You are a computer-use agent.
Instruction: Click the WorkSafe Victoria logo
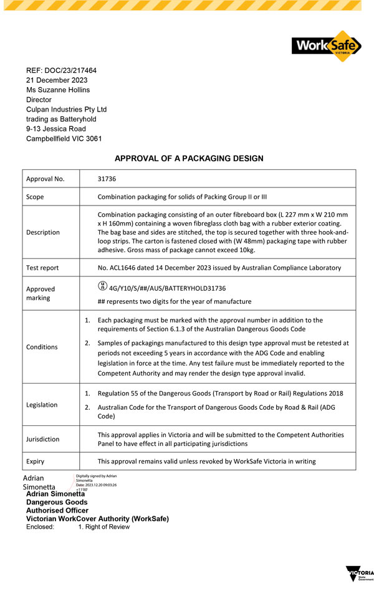click(x=326, y=46)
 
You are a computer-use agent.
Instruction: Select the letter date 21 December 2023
click(x=57, y=80)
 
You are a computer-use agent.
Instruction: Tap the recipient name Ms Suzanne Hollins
click(x=58, y=90)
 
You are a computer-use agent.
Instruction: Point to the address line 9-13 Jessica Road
click(x=56, y=129)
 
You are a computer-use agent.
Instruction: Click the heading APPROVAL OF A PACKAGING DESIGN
click(x=189, y=159)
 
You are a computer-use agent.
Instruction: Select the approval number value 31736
click(x=107, y=179)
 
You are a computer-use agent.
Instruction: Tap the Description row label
click(x=43, y=232)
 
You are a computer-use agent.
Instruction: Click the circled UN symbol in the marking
click(x=102, y=287)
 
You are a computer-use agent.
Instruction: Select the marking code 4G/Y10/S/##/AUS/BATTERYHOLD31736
click(x=167, y=288)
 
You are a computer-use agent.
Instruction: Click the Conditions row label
click(x=42, y=347)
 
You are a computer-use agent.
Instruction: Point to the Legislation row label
click(x=42, y=405)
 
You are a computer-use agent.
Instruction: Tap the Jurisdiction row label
click(x=43, y=439)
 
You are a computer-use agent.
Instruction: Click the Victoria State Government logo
click(x=360, y=574)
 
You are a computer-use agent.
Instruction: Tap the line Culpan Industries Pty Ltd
click(x=66, y=109)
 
